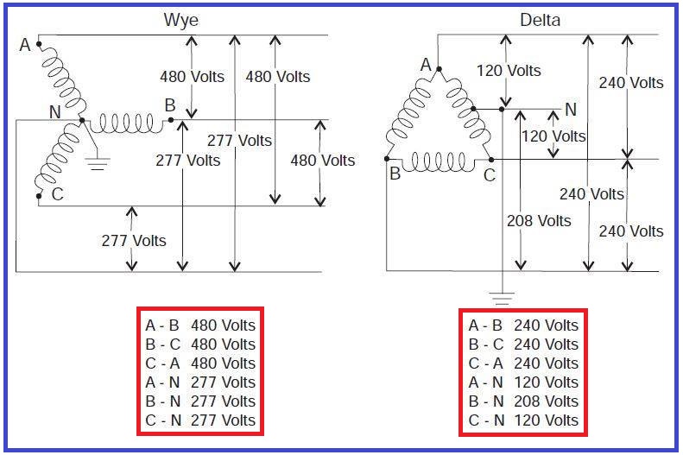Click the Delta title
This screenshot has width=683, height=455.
pyautogui.click(x=540, y=19)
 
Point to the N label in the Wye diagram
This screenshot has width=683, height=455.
pyautogui.click(x=54, y=112)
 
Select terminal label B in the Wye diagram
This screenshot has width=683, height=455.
pyautogui.click(x=170, y=105)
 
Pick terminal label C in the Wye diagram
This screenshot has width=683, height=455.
pyautogui.click(x=57, y=194)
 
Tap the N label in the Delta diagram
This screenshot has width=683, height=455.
pyautogui.click(x=570, y=110)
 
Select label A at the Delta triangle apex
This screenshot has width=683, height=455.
pyautogui.click(x=426, y=65)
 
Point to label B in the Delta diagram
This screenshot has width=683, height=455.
pyautogui.click(x=395, y=174)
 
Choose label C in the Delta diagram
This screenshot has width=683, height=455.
pyautogui.click(x=489, y=174)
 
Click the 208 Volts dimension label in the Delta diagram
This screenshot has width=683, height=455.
pyautogui.click(x=538, y=221)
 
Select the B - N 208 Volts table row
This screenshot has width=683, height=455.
pyautogui.click(x=523, y=401)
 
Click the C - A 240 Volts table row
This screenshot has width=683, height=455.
pyautogui.click(x=523, y=363)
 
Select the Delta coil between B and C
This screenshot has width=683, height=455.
pyautogui.click(x=440, y=161)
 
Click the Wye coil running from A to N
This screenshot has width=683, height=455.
pyautogui.click(x=60, y=80)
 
